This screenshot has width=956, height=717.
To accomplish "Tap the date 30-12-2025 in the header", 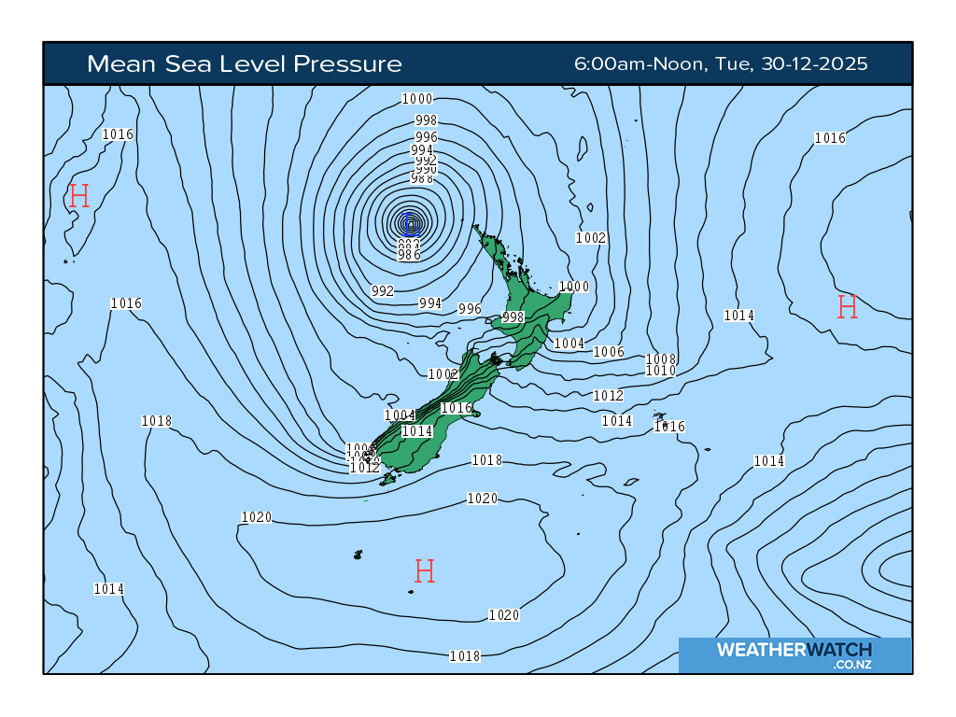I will click(814, 63).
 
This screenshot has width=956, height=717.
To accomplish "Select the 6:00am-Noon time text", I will click(640, 63).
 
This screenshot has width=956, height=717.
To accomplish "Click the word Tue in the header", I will click(735, 63).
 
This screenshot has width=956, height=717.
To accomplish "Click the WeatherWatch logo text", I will click(794, 650).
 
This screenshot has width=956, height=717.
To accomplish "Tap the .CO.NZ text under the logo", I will click(852, 665).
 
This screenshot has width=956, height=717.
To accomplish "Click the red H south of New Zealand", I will click(424, 570).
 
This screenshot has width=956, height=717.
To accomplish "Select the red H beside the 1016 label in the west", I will click(78, 196).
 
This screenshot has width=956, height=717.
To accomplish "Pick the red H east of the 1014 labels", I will click(847, 306).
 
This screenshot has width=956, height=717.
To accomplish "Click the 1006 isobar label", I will click(609, 352).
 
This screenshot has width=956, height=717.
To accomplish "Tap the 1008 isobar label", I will click(661, 359).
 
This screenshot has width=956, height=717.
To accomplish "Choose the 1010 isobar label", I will click(661, 371).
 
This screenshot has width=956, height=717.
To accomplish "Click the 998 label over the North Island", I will click(513, 317).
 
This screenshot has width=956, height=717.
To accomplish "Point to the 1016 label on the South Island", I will click(457, 408).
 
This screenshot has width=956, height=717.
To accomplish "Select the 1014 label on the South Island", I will click(417, 431).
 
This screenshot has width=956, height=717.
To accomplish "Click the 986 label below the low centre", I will click(409, 255).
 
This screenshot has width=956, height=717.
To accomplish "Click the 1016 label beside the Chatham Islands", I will click(670, 427).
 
